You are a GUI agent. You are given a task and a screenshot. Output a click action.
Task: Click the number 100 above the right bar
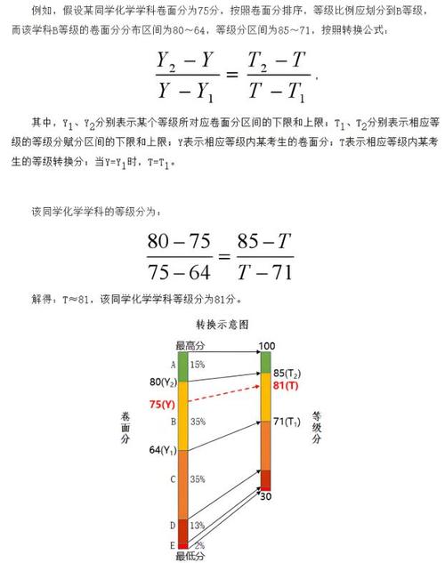pyautogui.click(x=267, y=344)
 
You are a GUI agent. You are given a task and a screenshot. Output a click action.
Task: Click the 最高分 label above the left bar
pyautogui.click(x=190, y=344)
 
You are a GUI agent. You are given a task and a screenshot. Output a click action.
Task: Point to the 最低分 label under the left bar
pyautogui.click(x=189, y=556)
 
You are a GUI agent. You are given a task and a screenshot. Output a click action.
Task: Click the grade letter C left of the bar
pyautogui.click(x=172, y=479)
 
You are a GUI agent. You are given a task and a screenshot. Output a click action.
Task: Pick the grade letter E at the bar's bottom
pyautogui.click(x=172, y=544)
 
